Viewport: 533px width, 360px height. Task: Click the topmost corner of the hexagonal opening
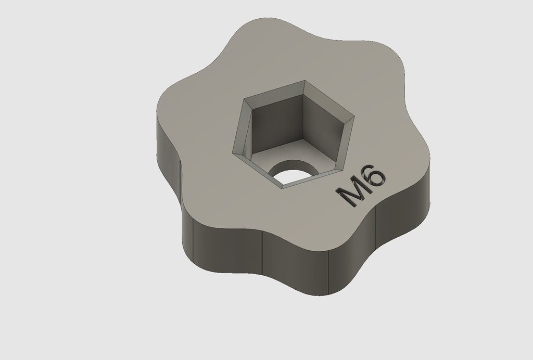click(304, 81)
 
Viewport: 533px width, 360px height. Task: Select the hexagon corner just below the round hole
click(283, 188)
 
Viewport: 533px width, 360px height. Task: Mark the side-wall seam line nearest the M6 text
click(376, 229)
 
